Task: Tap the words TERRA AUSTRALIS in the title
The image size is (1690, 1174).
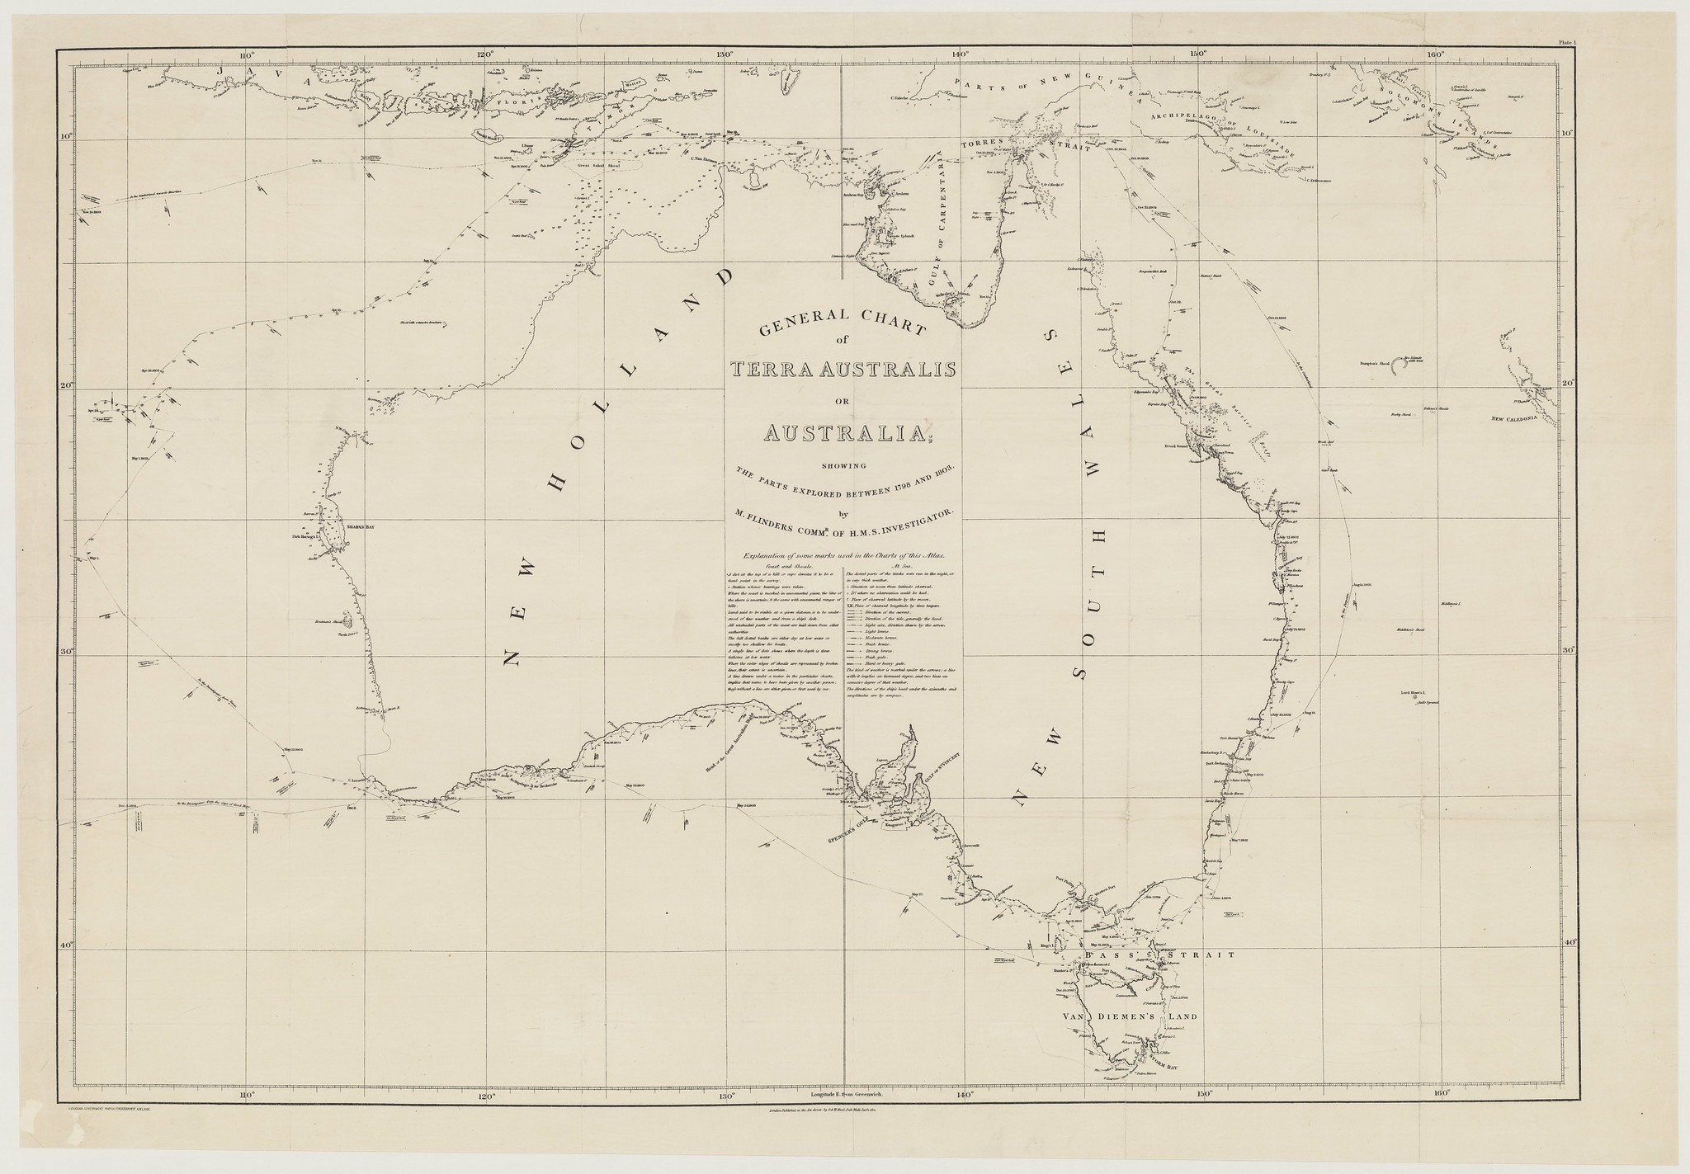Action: click(843, 369)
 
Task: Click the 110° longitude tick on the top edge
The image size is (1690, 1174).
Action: click(245, 56)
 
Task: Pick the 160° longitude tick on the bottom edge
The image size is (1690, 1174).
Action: click(1442, 1095)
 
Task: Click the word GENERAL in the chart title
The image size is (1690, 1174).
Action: click(796, 324)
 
